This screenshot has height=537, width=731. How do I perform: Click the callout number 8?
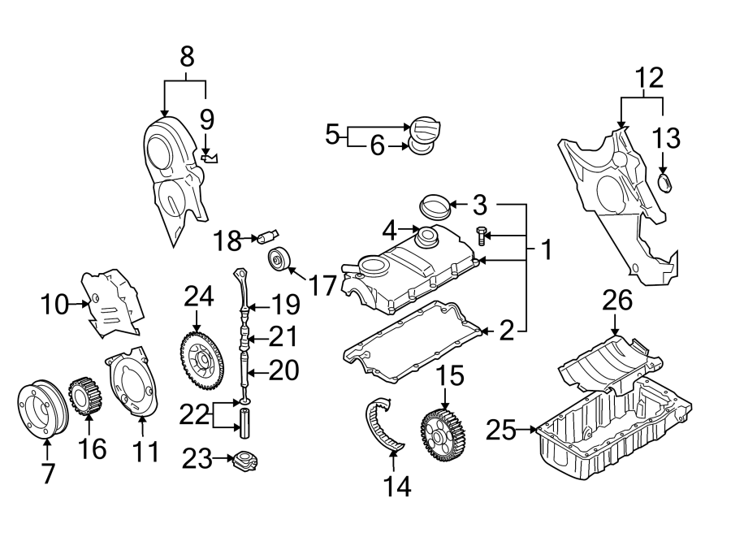[x=187, y=57]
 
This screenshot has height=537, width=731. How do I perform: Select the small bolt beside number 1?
[x=480, y=236]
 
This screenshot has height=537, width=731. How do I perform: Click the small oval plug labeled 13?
[x=664, y=183]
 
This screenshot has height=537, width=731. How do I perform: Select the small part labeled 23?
[x=244, y=461]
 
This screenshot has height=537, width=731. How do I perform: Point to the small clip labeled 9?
[x=210, y=158]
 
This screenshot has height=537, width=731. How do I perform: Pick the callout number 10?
[x=57, y=305]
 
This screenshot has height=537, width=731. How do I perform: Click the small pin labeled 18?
[x=266, y=236]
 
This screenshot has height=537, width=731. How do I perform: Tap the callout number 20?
[x=283, y=371]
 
